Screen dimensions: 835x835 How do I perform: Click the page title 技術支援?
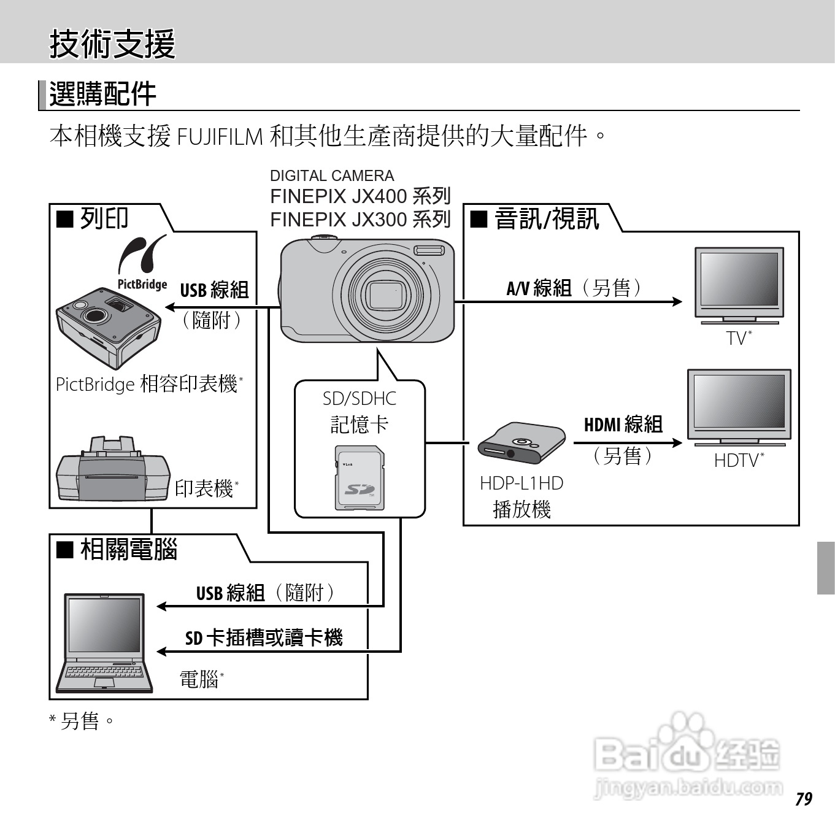(112, 44)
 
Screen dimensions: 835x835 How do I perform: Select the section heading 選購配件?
(102, 94)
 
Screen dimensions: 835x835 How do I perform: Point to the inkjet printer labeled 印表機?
(112, 469)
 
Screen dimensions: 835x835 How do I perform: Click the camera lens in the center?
(385, 294)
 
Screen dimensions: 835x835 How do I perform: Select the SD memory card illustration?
(359, 478)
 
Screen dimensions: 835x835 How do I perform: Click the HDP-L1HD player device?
(521, 443)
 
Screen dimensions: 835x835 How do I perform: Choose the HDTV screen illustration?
(739, 405)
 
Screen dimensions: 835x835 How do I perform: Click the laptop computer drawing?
(104, 642)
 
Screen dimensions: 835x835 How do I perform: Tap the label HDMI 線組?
(623, 424)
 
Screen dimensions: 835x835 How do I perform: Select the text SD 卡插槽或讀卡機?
(264, 638)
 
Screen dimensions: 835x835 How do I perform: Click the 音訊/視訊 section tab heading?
(545, 218)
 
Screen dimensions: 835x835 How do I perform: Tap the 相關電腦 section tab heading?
(128, 549)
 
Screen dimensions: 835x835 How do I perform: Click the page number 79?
(803, 799)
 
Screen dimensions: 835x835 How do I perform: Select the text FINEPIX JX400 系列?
(360, 196)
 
